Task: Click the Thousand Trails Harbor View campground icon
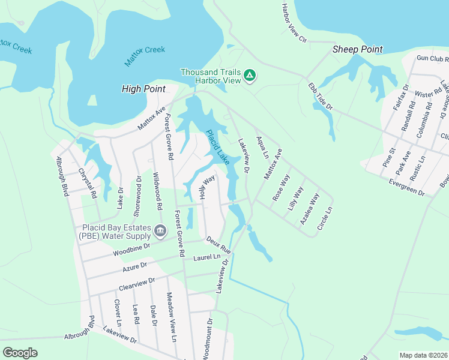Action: [250, 76]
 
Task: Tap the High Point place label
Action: [143, 89]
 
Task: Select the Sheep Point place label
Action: [358, 50]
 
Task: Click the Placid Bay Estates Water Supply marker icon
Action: [160, 230]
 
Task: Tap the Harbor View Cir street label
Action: [294, 22]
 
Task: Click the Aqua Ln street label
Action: [262, 147]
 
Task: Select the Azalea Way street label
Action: [310, 208]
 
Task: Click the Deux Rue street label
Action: [218, 244]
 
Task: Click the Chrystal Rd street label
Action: [88, 184]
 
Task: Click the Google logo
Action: [20, 352]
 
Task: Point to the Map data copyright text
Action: [423, 355]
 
